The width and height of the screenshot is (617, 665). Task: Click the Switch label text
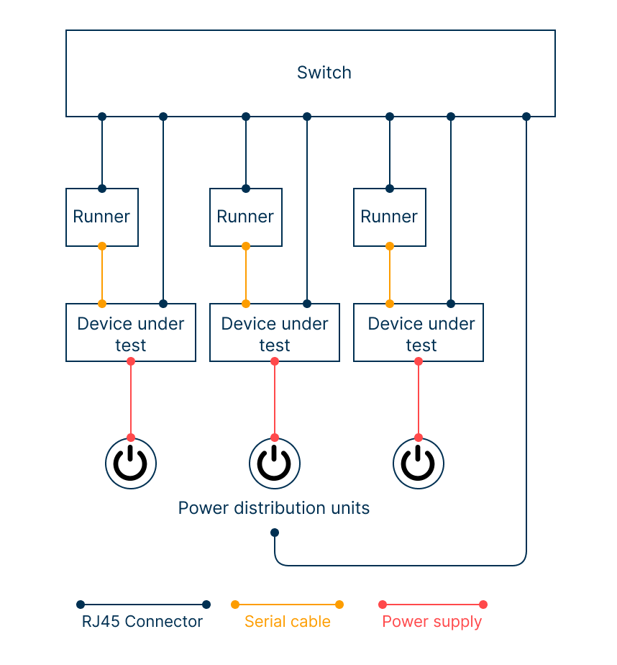(x=324, y=73)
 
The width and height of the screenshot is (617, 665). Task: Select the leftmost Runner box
(x=102, y=217)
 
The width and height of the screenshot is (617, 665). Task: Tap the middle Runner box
(x=246, y=217)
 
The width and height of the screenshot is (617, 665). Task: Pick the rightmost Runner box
(x=390, y=217)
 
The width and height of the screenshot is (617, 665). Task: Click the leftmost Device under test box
(x=131, y=333)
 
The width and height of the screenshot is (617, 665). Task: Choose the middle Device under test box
(x=275, y=333)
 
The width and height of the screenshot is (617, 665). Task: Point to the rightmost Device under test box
(x=419, y=333)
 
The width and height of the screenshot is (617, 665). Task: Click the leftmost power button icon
(x=131, y=463)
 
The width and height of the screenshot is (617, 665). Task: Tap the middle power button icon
(x=275, y=463)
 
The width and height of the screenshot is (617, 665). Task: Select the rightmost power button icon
(x=419, y=463)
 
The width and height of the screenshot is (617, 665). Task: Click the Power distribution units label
(x=274, y=508)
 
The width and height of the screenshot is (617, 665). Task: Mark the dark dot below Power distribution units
(x=275, y=533)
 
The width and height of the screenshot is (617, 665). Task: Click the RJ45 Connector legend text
(x=142, y=622)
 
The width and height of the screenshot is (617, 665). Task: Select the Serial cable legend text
(x=288, y=622)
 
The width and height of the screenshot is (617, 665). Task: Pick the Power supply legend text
(x=432, y=622)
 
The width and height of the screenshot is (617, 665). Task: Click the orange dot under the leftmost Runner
(x=102, y=246)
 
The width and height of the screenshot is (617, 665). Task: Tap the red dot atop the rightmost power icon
(x=419, y=438)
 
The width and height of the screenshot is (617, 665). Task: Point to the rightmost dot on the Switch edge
(x=526, y=117)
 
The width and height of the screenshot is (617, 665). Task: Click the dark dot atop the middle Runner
(x=246, y=189)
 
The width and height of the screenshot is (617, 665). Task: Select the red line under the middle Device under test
(x=275, y=399)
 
